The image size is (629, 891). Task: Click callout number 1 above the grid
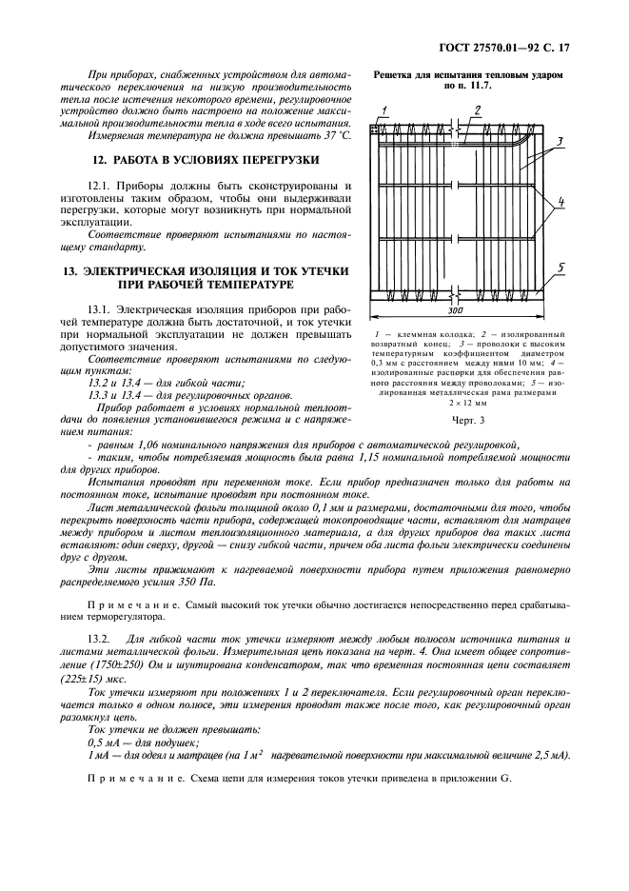tap(383, 110)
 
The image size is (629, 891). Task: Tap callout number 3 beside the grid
tap(560, 141)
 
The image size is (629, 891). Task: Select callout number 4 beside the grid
tap(562, 201)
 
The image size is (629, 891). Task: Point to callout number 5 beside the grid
tap(561, 268)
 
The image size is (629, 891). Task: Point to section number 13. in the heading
tap(70, 271)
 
